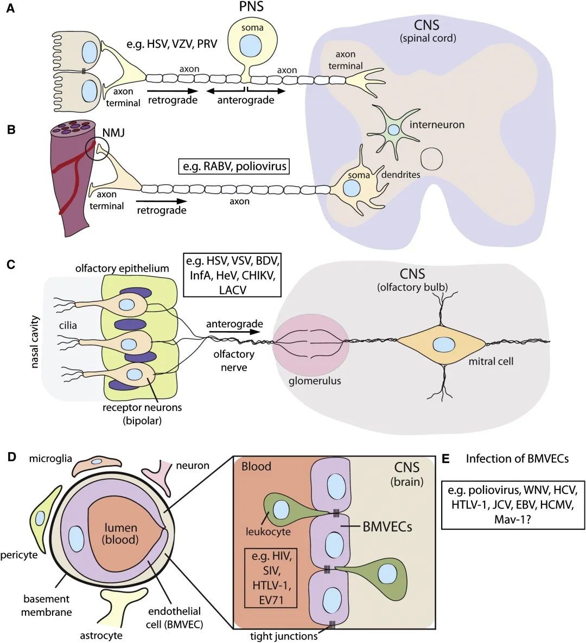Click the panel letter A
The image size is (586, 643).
(10, 9)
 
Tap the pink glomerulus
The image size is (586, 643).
(310, 345)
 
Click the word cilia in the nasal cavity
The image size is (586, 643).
(68, 325)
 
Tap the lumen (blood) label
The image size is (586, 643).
(120, 533)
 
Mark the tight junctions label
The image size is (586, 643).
(276, 635)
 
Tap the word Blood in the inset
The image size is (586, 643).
(256, 466)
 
